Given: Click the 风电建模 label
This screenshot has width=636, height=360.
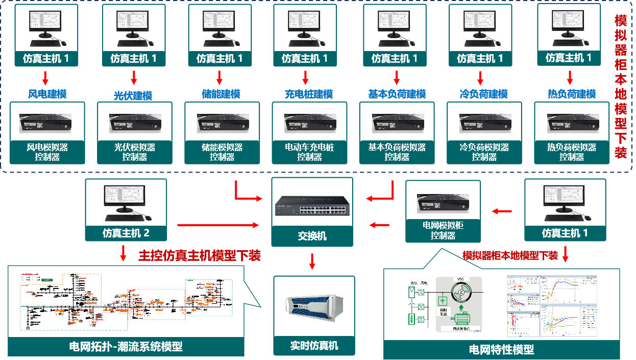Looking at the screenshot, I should (47, 94).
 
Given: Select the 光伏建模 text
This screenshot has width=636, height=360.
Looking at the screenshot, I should (133, 95).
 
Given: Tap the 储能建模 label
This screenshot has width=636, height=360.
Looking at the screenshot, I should (221, 94).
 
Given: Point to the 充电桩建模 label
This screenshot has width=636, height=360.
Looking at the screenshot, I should (308, 94).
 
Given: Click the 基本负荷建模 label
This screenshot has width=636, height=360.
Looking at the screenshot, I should (397, 94).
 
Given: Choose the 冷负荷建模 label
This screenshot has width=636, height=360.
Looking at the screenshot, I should (483, 94).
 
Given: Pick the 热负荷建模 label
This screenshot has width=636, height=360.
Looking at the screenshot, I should (572, 94).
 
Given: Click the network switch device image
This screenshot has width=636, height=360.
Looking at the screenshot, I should (311, 204).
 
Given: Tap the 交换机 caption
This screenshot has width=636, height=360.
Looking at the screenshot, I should (312, 236).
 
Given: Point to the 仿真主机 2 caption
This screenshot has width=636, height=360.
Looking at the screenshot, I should (126, 233).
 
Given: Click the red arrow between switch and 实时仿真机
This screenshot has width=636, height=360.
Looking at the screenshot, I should (312, 262).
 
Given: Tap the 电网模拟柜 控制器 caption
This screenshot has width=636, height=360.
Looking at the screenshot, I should (443, 230).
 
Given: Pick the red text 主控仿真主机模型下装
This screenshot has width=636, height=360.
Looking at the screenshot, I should (200, 255).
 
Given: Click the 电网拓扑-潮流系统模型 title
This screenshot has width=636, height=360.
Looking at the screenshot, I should (126, 347).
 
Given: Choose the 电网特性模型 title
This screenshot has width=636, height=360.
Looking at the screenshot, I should (501, 349).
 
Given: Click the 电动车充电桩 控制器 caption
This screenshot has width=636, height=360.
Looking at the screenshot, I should (309, 152).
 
